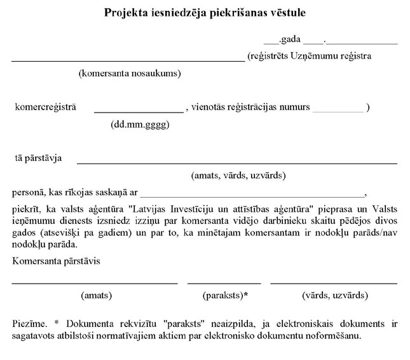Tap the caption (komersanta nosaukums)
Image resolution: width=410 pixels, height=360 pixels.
[130, 73]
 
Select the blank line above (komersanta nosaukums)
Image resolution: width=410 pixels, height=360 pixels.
[127, 60]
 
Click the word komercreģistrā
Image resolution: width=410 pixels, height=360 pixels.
[45, 107]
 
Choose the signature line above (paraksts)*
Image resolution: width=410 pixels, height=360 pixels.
[224, 283]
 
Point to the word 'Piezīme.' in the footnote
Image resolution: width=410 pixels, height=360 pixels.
[29, 324]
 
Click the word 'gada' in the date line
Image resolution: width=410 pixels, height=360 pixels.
[290, 39]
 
